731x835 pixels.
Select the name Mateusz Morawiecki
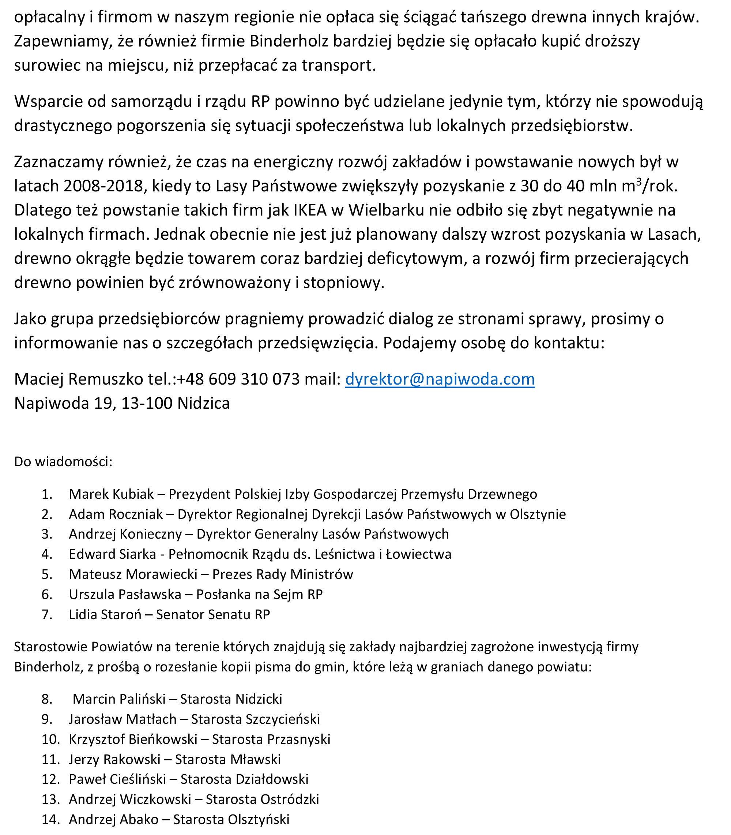pos(133,574)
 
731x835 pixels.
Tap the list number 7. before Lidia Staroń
pos(47,614)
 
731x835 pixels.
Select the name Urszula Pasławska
pos(125,594)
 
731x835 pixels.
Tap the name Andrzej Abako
pos(113,819)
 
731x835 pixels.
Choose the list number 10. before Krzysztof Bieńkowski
pos(50,739)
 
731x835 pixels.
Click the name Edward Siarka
pos(112,554)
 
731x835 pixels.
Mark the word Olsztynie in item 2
pos(538,514)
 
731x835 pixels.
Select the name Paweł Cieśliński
pos(117,779)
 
